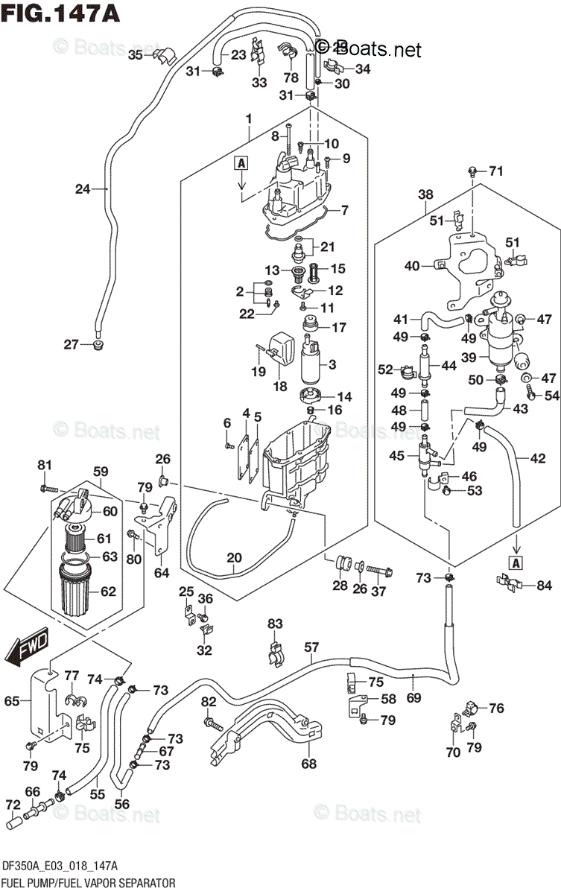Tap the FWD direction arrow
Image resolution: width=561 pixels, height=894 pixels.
tap(29, 641)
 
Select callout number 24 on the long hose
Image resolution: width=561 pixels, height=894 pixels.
tap(82, 189)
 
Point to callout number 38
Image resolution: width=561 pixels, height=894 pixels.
tap(425, 195)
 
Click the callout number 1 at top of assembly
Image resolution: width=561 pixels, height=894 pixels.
tap(248, 118)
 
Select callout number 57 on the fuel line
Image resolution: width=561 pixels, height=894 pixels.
tap(311, 647)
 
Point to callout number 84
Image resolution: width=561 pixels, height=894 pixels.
tap(545, 585)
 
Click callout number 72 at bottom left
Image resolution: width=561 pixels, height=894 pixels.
tap(13, 806)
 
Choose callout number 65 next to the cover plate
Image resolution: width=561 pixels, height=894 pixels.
tap(12, 700)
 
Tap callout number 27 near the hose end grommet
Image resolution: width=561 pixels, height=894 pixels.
tap(71, 344)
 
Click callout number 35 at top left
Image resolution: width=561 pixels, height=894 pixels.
tap(135, 54)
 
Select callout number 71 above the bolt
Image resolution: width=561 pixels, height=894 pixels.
tap(496, 171)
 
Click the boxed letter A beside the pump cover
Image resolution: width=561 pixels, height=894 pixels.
tap(242, 162)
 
